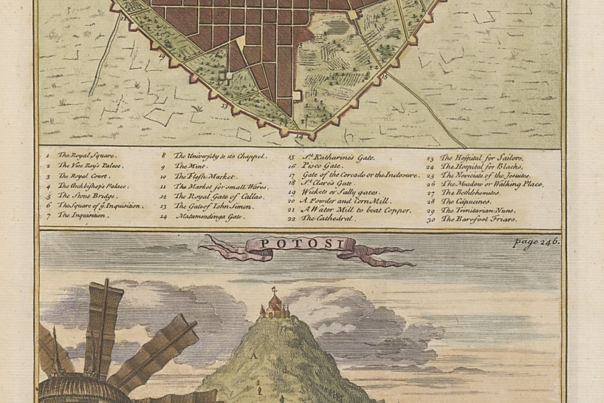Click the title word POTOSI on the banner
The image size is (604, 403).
(292, 243)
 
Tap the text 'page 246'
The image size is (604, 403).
(538, 242)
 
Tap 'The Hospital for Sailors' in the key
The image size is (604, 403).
(481, 158)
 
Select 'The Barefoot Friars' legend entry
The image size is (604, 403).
(480, 220)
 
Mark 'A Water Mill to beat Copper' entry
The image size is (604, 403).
(349, 210)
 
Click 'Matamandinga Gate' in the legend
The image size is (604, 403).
(207, 217)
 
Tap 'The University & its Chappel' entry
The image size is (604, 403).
(219, 156)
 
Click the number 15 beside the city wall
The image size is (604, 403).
(383, 76)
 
